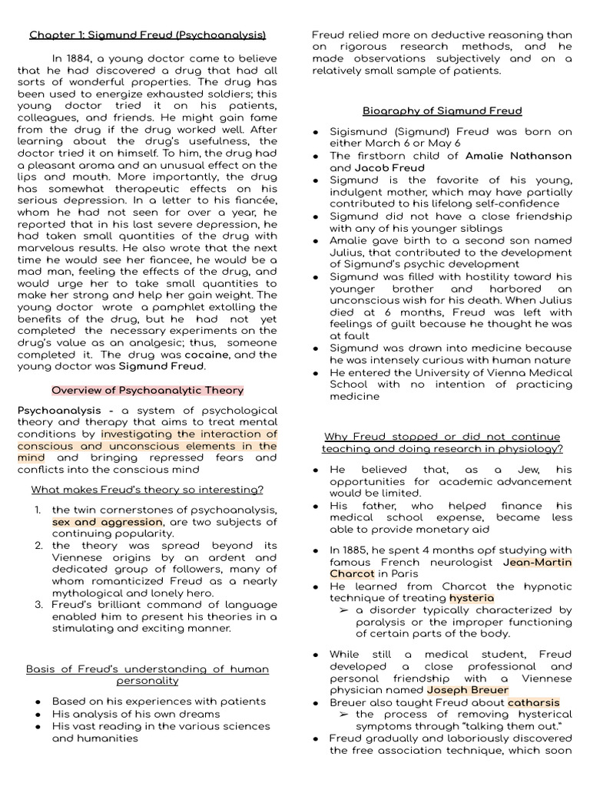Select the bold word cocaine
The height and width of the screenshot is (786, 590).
tap(210, 355)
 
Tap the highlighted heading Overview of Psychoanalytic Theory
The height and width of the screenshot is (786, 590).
tap(147, 390)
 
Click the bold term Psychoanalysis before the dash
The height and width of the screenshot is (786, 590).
tap(56, 411)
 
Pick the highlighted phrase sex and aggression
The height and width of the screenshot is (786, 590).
tap(108, 522)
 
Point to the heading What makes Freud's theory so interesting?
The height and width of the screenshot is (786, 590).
tap(147, 490)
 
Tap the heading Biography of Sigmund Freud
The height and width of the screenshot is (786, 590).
tap(442, 110)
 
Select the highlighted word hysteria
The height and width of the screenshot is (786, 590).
tap(472, 598)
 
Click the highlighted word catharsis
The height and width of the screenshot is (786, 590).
tap(533, 702)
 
